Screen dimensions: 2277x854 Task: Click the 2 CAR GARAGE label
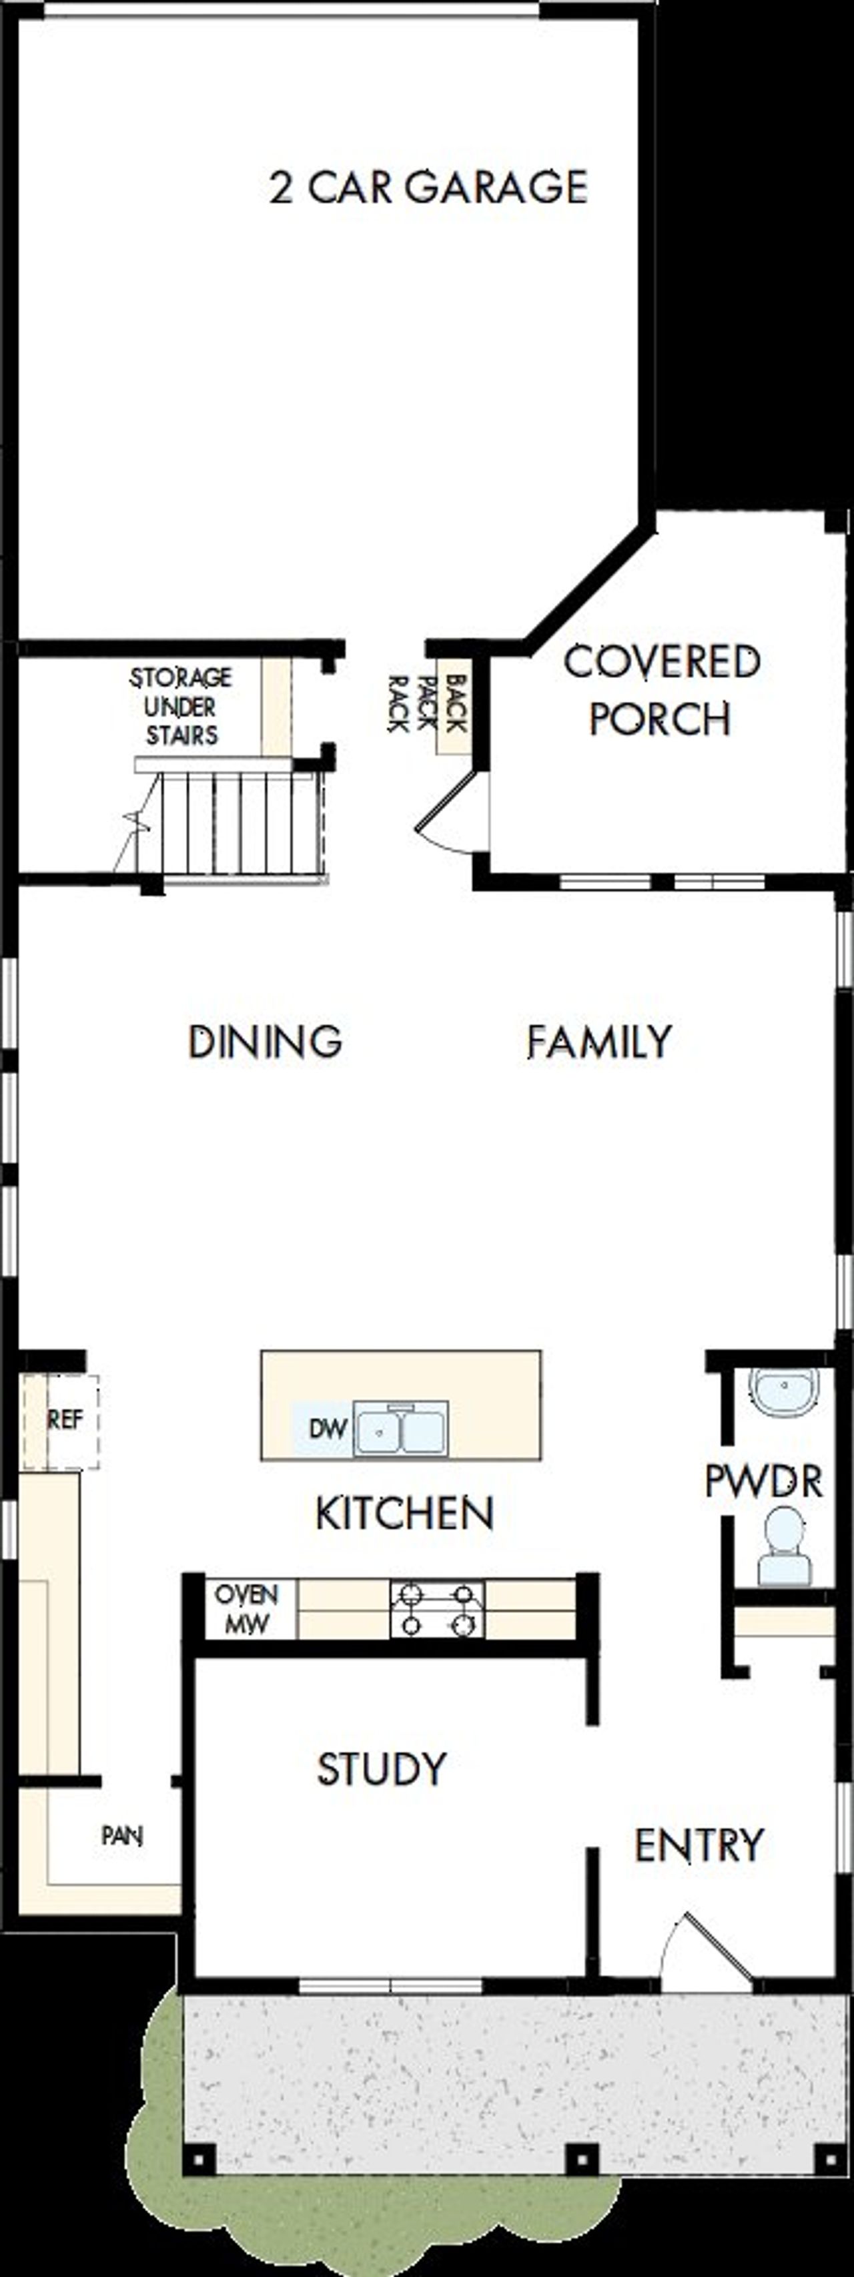(429, 188)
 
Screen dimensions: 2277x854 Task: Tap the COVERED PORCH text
(661, 689)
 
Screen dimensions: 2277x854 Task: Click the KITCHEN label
(405, 1514)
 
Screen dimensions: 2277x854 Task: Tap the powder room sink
(783, 1389)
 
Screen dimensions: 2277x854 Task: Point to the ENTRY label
(699, 1846)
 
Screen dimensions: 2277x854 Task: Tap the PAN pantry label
(122, 1837)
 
